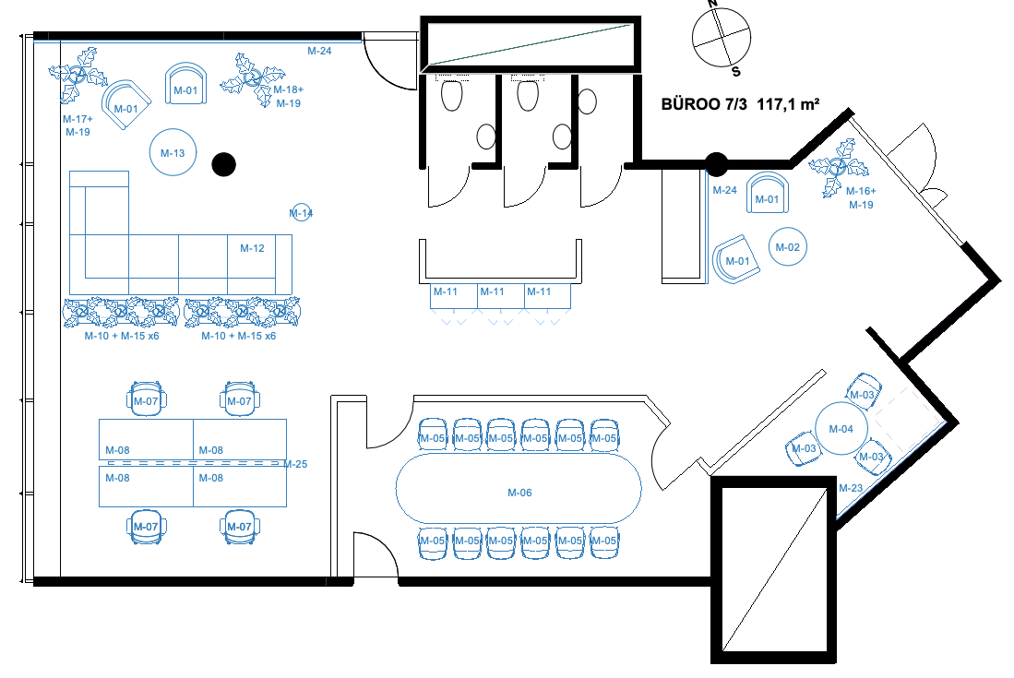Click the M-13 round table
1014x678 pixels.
point(173,152)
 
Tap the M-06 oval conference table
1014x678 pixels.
point(519,488)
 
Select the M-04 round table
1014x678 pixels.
point(841,429)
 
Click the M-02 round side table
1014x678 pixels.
point(788,247)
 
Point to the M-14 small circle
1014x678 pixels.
point(302,212)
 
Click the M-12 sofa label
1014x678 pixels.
point(252,248)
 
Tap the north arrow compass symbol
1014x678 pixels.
point(721,38)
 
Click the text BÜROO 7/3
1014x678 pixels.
point(704,104)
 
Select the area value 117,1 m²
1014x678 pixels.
point(788,104)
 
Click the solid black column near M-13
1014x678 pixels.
point(224,164)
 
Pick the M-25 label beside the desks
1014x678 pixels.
point(295,464)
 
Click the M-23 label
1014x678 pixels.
point(851,488)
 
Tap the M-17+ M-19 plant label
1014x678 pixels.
point(78,125)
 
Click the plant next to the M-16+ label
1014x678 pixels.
point(838,167)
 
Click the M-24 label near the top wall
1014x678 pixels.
point(319,51)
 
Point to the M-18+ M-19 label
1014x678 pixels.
point(289,96)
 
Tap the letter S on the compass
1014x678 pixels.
point(736,71)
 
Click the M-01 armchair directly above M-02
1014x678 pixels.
point(768,193)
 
